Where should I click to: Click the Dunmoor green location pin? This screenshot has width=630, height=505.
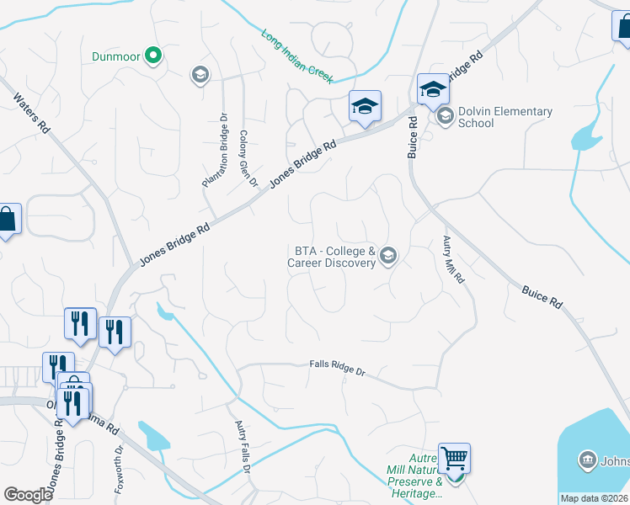(152, 56)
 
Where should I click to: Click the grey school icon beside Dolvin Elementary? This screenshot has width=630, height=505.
(445, 116)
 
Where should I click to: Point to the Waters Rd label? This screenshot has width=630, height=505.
(30, 112)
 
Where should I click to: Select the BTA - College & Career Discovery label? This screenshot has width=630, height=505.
(334, 257)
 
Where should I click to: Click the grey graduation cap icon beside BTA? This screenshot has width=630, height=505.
(387, 255)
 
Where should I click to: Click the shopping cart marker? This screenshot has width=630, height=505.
(454, 459)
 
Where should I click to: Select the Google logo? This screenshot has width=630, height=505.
(28, 495)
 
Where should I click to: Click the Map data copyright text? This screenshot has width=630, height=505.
(595, 498)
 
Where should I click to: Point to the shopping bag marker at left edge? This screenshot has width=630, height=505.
(8, 221)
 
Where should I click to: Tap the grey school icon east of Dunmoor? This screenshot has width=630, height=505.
(200, 76)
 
